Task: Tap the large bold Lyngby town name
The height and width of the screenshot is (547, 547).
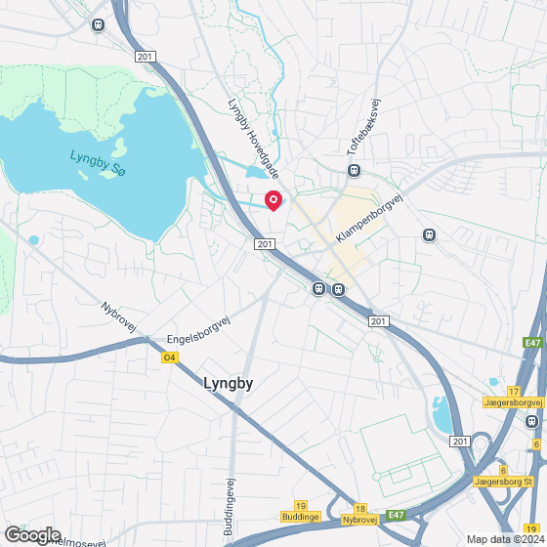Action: (230, 384)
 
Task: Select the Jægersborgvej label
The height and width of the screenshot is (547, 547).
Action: (513, 401)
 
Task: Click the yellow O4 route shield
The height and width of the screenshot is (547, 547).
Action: (170, 358)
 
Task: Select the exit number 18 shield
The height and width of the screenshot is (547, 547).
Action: (360, 509)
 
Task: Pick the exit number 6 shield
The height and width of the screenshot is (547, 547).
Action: (502, 470)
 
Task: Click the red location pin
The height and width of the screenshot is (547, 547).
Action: (274, 200)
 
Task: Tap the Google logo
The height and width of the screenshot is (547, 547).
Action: (32, 534)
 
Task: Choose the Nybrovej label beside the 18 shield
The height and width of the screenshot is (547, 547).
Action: (360, 521)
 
